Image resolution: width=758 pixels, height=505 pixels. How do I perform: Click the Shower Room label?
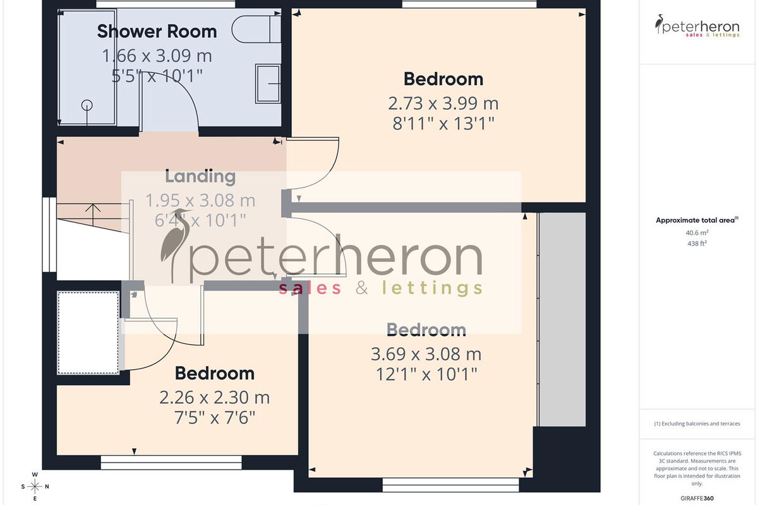pos(157,32)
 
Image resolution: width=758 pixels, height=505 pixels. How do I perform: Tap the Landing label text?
pos(200,177)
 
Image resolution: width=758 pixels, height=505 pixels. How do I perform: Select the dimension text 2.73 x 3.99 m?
pos(443,104)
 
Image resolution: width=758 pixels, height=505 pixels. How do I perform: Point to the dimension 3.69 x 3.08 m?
pos(426,354)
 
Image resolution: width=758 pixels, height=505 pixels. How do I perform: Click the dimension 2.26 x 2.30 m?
pos(215,398)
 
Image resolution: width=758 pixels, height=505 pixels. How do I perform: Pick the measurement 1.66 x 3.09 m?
pos(157,56)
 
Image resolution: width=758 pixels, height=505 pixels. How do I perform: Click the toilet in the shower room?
pos(256,29)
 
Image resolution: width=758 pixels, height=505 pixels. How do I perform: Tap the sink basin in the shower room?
pos(268,83)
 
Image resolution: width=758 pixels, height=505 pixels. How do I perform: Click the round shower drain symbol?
pos(87,105)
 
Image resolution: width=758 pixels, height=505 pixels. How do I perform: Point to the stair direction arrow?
pos(93,215)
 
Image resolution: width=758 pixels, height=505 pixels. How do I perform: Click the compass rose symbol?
pos(35,487)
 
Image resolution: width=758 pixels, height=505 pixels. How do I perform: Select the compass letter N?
pos(47,487)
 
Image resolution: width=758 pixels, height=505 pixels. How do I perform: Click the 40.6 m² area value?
pos(697,233)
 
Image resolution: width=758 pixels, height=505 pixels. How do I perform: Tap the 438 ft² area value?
pos(697,243)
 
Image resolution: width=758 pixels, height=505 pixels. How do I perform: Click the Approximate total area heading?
pos(697,220)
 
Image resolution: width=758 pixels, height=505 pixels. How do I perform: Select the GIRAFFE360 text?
pos(697,498)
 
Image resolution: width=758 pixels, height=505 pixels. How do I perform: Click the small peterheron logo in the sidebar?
pos(697,26)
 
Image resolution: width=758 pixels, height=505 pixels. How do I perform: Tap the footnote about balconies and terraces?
pos(697,424)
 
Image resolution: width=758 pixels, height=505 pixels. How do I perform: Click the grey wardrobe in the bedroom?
pos(562,319)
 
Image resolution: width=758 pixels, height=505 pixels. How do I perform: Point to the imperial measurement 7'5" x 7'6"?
pos(215,418)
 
